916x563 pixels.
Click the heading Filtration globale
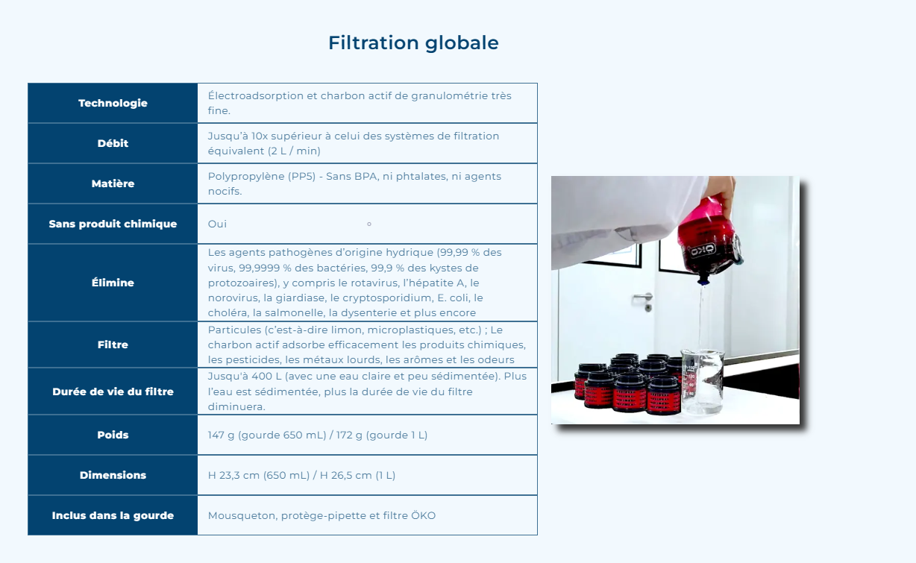pos(413,43)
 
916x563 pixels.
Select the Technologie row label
pos(113,103)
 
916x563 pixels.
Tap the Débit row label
pos(113,143)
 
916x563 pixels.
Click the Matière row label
pos(113,183)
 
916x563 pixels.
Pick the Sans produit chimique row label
pos(113,224)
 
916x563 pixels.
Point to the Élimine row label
pos(113,283)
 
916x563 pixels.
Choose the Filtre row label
pos(113,345)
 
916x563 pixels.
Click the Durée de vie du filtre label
pos(113,391)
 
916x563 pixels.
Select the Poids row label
pos(113,435)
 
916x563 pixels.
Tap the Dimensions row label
pos(113,475)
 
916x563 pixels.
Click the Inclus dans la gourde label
pos(113,515)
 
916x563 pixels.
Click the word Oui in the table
pos(217,224)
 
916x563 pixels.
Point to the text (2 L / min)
pos(295,151)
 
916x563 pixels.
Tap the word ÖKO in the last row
pos(423,515)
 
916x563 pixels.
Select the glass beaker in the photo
pos(702,380)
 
